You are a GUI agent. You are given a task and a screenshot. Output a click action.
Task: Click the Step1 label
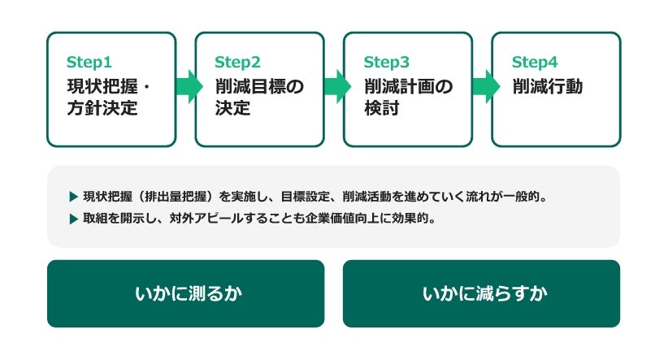(x=89, y=63)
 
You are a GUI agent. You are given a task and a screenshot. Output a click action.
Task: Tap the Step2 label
(x=237, y=63)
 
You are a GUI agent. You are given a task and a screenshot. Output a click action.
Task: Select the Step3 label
(x=386, y=63)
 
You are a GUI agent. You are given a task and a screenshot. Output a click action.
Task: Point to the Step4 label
(x=535, y=63)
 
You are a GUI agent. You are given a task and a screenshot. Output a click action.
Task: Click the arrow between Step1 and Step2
(x=189, y=86)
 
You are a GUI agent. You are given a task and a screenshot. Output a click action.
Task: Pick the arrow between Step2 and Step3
(x=337, y=86)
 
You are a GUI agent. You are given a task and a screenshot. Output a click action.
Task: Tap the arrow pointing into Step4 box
(x=486, y=86)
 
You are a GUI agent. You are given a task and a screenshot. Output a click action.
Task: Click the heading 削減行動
(x=548, y=86)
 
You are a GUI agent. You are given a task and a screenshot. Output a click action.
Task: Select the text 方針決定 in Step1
(x=102, y=108)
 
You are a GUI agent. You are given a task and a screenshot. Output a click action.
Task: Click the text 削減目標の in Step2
(x=259, y=86)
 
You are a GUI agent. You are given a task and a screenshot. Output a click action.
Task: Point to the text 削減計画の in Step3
(x=408, y=86)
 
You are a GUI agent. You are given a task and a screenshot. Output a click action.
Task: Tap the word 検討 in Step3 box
(x=382, y=108)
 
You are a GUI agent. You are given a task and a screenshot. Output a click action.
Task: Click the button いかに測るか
(x=186, y=293)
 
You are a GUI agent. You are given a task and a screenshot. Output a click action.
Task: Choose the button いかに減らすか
(x=481, y=293)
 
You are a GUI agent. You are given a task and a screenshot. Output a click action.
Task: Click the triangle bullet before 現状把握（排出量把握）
(x=73, y=197)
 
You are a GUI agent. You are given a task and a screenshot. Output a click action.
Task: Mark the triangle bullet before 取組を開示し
(x=73, y=219)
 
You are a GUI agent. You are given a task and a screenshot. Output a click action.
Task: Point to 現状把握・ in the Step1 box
(x=109, y=86)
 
